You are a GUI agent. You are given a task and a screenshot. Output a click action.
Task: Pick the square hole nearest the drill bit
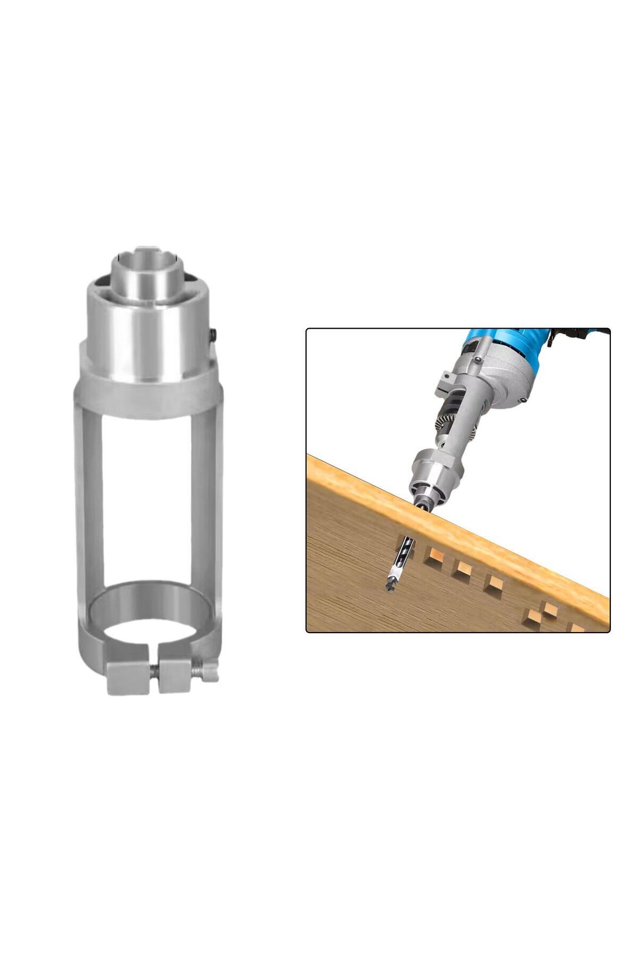click(435, 559)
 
